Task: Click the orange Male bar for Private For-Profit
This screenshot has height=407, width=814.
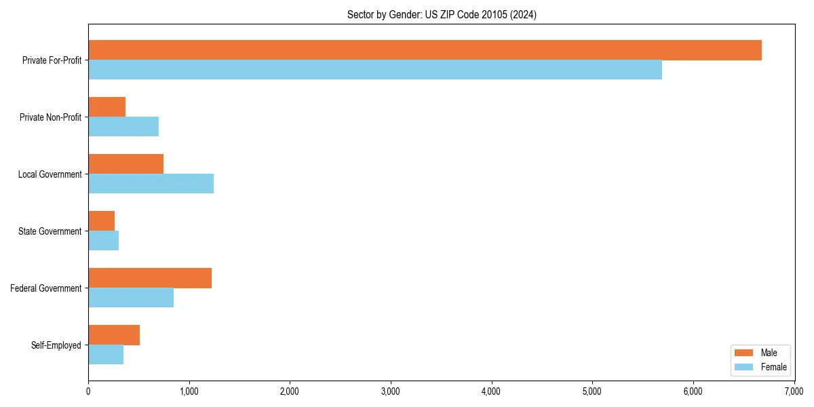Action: pos(425,50)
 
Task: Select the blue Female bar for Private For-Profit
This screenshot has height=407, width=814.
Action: pos(375,70)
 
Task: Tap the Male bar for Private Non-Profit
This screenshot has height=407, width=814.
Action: pos(107,107)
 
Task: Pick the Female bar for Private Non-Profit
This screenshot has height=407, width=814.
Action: pos(123,127)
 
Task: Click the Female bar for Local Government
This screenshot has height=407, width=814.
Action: pos(151,184)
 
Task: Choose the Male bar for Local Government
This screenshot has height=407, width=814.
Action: pos(126,164)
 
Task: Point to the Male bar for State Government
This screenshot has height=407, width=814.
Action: pos(102,221)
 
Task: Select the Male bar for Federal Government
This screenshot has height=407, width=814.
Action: pos(150,278)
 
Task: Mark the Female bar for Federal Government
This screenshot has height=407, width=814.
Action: pos(131,298)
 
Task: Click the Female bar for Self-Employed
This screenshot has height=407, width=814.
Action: pos(106,355)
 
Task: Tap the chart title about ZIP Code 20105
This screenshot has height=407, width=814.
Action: pos(442,15)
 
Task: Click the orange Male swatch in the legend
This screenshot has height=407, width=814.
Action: pos(744,353)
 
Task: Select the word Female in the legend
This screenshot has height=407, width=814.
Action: pos(774,367)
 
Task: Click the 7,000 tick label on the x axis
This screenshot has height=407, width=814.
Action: pos(794,391)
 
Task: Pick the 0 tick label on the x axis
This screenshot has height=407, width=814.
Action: pos(88,391)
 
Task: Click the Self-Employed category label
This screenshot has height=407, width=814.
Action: pos(56,345)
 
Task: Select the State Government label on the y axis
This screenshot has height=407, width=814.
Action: pos(50,231)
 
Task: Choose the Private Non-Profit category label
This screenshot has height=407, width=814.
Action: pos(51,117)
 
